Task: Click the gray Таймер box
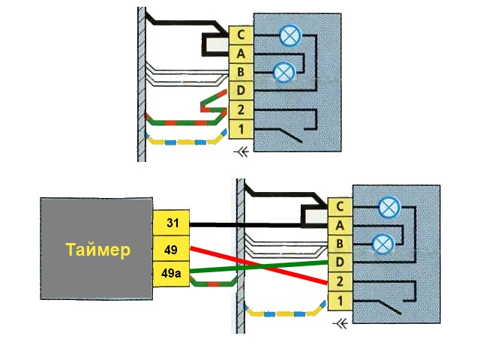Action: click(x=97, y=249)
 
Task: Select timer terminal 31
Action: click(x=172, y=223)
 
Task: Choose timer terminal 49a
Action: click(x=172, y=272)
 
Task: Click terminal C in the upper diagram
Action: click(x=240, y=34)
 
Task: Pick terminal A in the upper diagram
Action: click(x=240, y=53)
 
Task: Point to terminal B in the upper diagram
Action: click(x=240, y=73)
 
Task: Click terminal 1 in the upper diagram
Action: click(x=240, y=130)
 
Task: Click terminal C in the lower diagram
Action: click(x=340, y=206)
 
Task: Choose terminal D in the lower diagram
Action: click(x=340, y=262)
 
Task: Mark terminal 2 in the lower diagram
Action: click(x=340, y=282)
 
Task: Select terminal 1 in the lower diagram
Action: click(x=340, y=301)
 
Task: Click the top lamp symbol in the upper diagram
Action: click(x=289, y=34)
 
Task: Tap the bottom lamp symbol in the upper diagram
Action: click(x=283, y=72)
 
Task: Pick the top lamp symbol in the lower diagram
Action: click(x=388, y=205)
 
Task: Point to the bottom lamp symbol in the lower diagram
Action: click(x=383, y=243)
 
